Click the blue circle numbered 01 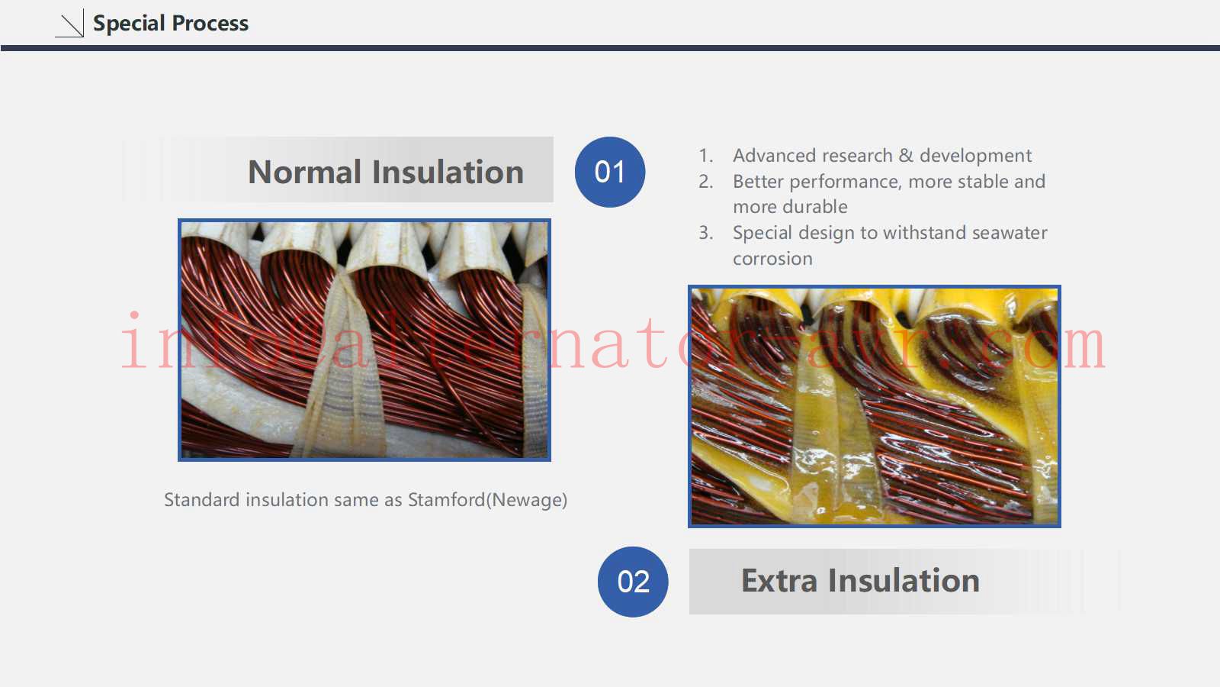[x=610, y=172]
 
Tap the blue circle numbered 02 [x=633, y=582]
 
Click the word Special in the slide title [x=129, y=24]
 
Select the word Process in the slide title [x=210, y=24]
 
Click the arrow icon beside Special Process [x=70, y=24]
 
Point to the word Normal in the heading [x=304, y=173]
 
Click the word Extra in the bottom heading [x=779, y=581]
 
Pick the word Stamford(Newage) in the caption [x=487, y=500]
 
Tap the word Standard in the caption [x=202, y=499]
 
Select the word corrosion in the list [x=772, y=259]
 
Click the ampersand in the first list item [x=906, y=156]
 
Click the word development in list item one [x=975, y=156]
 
